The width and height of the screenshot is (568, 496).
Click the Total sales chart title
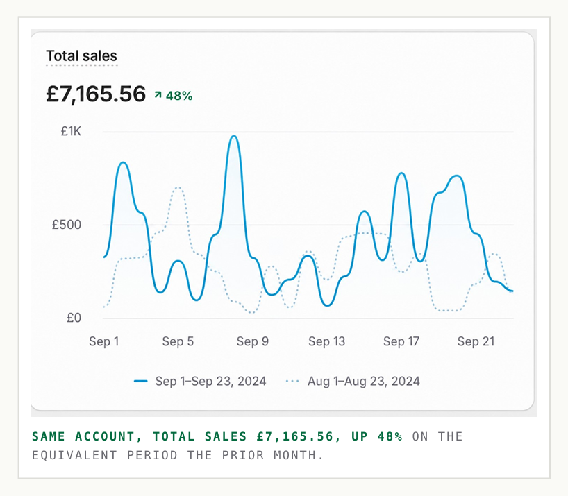click(81, 56)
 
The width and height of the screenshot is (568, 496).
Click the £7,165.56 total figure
click(96, 94)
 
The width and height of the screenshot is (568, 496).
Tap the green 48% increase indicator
click(179, 96)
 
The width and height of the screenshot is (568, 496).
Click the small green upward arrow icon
click(158, 95)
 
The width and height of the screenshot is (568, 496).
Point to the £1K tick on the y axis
click(71, 131)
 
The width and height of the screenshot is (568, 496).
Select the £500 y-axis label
click(67, 225)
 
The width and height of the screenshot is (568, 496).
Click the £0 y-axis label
click(74, 318)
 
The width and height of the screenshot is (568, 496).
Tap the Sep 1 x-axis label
click(104, 341)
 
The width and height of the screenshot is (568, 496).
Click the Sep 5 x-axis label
click(178, 341)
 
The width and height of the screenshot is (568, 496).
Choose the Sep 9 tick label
click(253, 341)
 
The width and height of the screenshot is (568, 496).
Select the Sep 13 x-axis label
click(327, 341)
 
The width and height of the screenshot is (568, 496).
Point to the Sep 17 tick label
click(401, 341)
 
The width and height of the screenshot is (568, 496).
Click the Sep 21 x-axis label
click(476, 341)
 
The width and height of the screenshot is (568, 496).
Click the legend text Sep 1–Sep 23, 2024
click(211, 382)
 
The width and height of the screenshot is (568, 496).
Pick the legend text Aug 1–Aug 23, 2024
click(364, 382)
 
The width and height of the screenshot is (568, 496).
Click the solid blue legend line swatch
click(140, 381)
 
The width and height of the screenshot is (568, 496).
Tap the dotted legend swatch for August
click(293, 381)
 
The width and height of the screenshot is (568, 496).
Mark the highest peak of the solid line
click(234, 136)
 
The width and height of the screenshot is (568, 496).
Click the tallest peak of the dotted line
click(178, 187)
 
